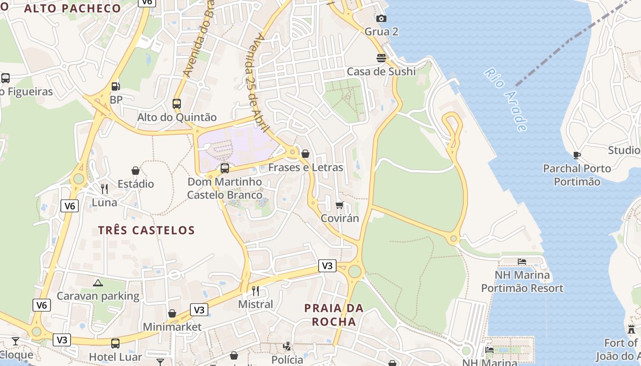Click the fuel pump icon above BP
pyautogui.click(x=116, y=86)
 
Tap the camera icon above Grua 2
pyautogui.click(x=381, y=18)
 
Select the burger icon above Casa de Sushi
pyautogui.click(x=381, y=58)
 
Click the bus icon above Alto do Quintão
pyautogui.click(x=177, y=104)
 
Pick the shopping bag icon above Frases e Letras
pyautogui.click(x=305, y=154)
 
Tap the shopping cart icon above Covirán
pyautogui.click(x=339, y=205)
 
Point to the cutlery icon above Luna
pyautogui.click(x=104, y=188)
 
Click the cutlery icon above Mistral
pyautogui.click(x=255, y=291)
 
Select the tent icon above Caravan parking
pyautogui.click(x=98, y=283)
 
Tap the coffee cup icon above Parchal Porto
pyautogui.click(x=577, y=155)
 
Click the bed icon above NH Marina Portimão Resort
pyautogui.click(x=522, y=262)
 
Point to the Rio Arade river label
pyautogui.click(x=505, y=99)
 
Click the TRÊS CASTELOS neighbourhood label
pyautogui.click(x=147, y=230)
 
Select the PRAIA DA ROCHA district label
pyautogui.click(x=334, y=315)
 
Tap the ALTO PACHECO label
pyautogui.click(x=72, y=8)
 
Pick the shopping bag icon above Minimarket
pyautogui.click(x=172, y=313)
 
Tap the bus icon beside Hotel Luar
pyautogui.click(x=115, y=343)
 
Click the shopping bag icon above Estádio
pyautogui.click(x=136, y=171)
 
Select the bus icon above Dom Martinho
pyautogui.click(x=225, y=168)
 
